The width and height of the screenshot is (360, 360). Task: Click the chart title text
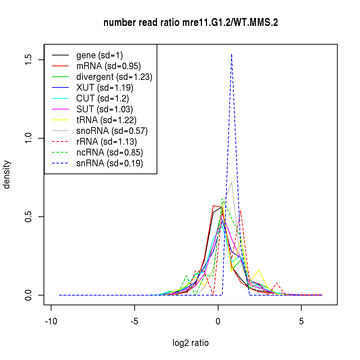coord(190,23)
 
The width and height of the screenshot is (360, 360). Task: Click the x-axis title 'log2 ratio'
coord(190,343)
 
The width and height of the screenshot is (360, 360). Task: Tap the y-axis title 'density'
coord(7,174)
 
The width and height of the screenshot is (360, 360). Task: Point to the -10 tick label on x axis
coord(51,321)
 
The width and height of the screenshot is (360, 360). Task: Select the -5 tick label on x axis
coord(135,321)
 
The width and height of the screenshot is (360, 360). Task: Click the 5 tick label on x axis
coord(301,321)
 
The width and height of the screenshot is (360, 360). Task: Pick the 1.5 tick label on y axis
coord(29,60)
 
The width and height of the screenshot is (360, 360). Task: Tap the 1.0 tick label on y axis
coord(29,138)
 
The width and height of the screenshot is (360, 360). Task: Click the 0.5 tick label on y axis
coord(29,217)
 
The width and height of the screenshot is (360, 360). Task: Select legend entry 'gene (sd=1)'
coord(99,55)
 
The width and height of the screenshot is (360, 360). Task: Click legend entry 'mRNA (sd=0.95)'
coord(108,66)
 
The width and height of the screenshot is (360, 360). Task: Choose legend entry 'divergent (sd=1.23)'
coord(114,77)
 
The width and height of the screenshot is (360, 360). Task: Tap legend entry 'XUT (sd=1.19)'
coord(105,88)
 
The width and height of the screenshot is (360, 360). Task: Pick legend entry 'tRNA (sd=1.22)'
coord(106,120)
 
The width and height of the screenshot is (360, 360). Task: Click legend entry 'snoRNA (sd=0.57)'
coord(112,131)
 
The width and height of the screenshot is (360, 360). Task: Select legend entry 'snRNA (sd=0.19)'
coord(109,163)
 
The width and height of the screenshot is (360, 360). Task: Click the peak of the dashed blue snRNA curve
coord(231,54)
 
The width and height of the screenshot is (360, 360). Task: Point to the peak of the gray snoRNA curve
coord(231,183)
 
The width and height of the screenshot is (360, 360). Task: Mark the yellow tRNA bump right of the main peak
coord(258,270)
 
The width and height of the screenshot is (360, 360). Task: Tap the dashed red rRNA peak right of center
coord(240,211)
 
